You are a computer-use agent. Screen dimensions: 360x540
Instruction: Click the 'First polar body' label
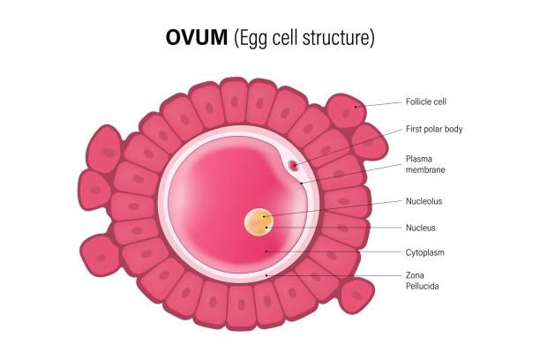(434, 129)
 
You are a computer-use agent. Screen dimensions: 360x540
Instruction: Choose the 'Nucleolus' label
(424, 201)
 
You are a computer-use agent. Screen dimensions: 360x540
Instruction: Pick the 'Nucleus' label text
(421, 228)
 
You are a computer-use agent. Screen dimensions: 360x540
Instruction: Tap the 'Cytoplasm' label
(426, 252)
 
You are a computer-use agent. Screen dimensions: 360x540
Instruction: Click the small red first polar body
(294, 164)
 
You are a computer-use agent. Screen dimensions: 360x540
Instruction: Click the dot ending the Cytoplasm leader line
(266, 252)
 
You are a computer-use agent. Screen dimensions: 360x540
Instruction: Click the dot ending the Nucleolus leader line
(264, 216)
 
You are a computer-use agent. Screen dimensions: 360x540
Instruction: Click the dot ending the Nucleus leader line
(266, 228)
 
